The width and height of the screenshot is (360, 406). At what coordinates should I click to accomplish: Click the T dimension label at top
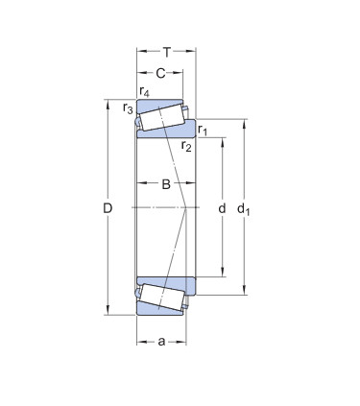point(167,52)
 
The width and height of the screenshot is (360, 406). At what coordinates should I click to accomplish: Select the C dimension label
point(160,74)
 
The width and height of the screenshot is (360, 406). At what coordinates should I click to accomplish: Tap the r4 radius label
point(145,92)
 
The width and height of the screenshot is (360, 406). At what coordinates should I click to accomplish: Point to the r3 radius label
point(128,108)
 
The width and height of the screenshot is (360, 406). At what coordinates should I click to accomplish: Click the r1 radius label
point(203,130)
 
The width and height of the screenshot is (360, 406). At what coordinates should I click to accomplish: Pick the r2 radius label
point(186,146)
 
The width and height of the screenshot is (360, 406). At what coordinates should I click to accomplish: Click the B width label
point(166,184)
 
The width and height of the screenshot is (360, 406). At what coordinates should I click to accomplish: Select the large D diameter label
point(108,208)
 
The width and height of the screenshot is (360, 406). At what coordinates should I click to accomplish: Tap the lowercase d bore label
point(222,208)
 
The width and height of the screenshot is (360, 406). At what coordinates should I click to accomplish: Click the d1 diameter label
point(243,209)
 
